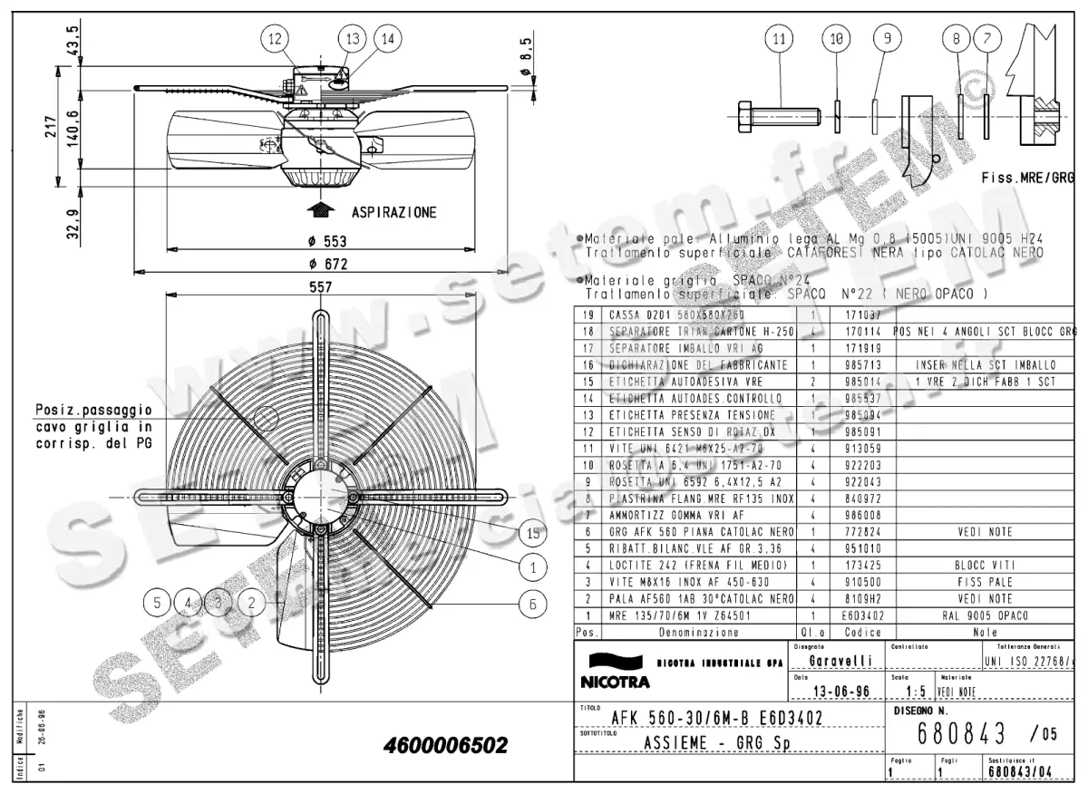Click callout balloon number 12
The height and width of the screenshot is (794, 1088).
point(276,38)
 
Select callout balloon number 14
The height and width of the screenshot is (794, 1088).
point(387,38)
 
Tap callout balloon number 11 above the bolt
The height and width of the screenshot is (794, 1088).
point(778,38)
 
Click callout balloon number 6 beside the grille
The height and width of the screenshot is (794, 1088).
point(533,602)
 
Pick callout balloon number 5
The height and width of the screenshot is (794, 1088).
point(158,600)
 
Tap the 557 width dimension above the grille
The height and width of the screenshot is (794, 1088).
point(321,286)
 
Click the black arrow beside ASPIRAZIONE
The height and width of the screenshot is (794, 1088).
point(317,210)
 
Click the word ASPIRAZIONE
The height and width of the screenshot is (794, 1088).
point(393,212)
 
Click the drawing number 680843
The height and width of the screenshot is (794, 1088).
point(961,732)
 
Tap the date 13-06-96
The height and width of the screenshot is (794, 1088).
point(831,691)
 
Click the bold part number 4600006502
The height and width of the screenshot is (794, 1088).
point(445,746)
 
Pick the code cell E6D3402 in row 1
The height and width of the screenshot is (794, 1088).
point(862,615)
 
